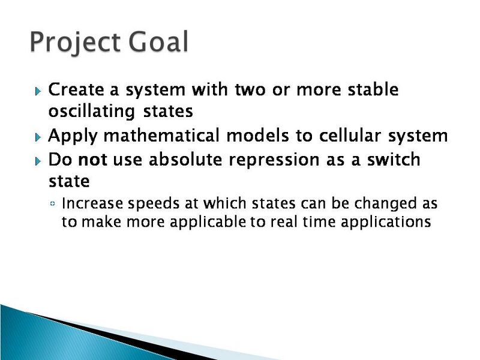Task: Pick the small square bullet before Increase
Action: [x=53, y=205]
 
